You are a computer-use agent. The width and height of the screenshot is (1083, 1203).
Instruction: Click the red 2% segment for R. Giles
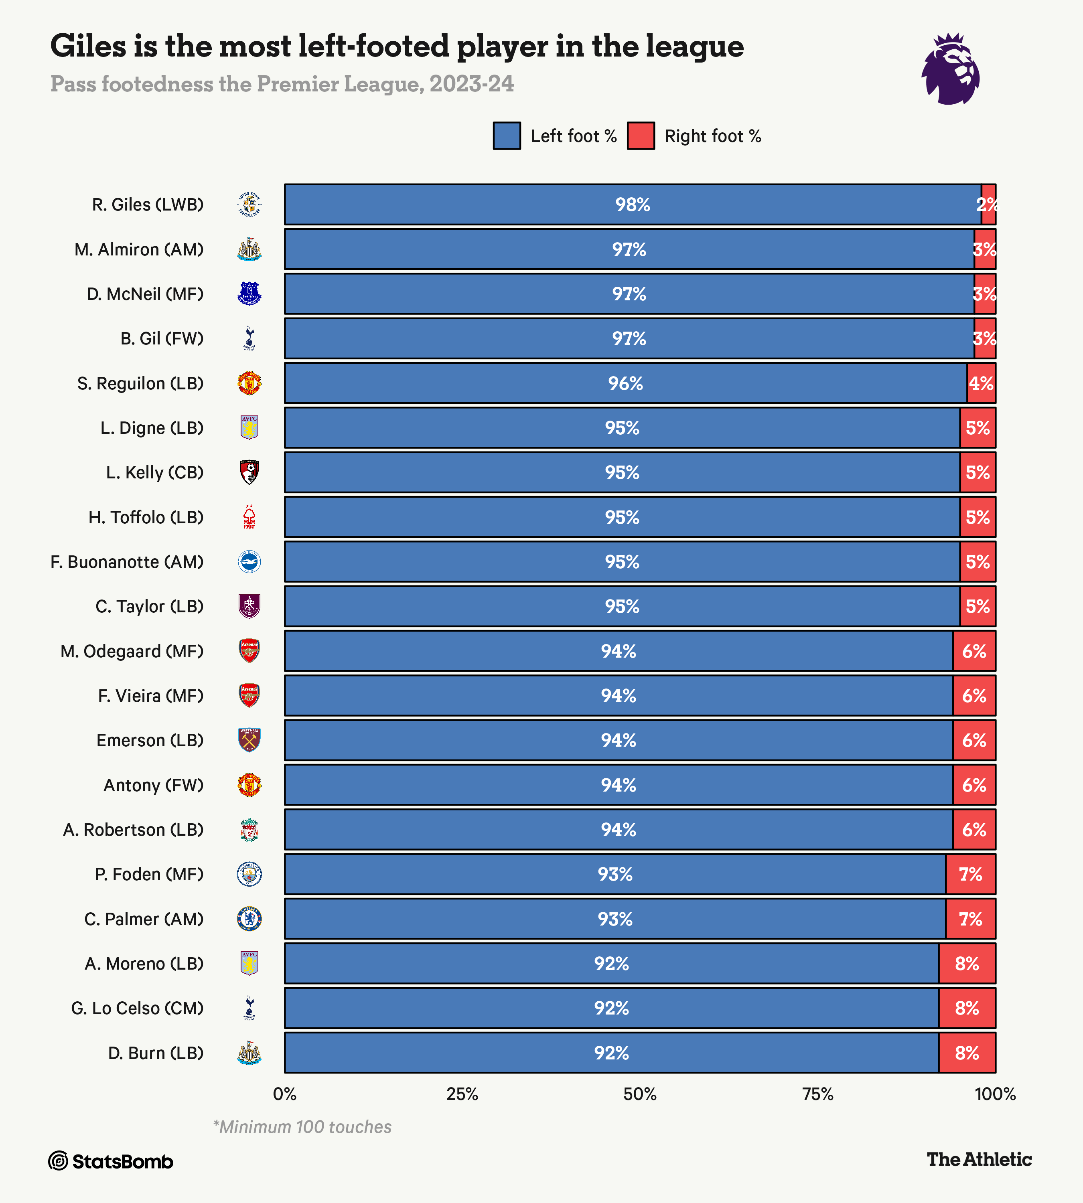pos(988,204)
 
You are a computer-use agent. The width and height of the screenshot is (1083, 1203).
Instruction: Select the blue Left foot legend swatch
pos(506,136)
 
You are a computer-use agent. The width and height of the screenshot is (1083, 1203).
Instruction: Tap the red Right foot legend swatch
pos(641,136)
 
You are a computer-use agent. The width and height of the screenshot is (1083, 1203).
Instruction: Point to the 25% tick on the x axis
pos(462,1094)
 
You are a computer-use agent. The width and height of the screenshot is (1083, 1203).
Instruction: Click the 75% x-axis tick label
pos(817,1094)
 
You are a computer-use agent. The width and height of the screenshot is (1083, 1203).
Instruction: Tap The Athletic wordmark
pos(979,1159)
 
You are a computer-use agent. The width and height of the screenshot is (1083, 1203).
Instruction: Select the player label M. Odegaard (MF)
pos(132,651)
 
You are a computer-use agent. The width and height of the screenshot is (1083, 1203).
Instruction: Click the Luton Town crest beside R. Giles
pos(249,204)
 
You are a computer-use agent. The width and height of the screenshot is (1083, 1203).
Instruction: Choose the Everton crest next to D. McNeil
pos(249,294)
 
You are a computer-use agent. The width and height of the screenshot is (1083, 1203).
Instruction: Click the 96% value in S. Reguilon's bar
pos(625,383)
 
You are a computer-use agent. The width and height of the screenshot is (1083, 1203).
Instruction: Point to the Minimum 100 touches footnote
pos(302,1127)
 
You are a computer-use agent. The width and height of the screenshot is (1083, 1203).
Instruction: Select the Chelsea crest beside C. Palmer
pos(249,919)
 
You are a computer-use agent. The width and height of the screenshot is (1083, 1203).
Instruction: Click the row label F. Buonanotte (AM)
pos(127,562)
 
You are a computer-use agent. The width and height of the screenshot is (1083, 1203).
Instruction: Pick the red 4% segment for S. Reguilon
pos(981,383)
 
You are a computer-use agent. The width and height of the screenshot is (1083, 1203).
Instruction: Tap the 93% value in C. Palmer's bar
pos(615,919)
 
